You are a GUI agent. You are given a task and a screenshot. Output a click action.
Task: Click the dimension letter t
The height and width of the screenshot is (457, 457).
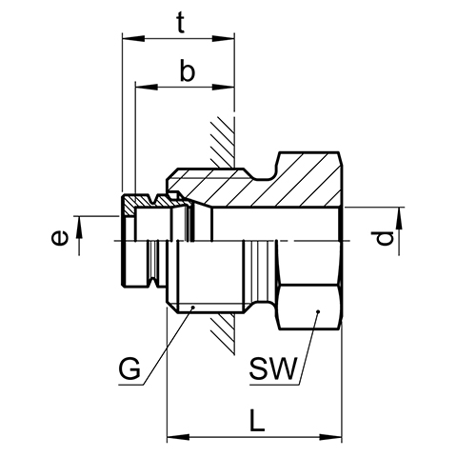tap(180, 24)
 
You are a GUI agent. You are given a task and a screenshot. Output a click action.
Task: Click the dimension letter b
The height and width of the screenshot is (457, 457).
tap(188, 70)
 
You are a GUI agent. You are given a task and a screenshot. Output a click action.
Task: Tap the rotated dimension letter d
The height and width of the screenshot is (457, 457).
tap(383, 239)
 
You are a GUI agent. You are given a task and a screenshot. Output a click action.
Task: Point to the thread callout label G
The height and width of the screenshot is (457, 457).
tap(129, 368)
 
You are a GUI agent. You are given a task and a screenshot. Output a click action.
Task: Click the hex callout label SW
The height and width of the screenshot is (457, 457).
tap(273, 368)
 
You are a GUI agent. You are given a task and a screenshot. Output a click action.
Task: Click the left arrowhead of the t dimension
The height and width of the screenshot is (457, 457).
tap(133, 39)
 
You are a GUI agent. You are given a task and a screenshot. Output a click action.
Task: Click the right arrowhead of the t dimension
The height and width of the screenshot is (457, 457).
tap(224, 39)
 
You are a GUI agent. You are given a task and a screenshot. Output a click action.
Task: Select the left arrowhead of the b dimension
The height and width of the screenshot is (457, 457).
tap(147, 87)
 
